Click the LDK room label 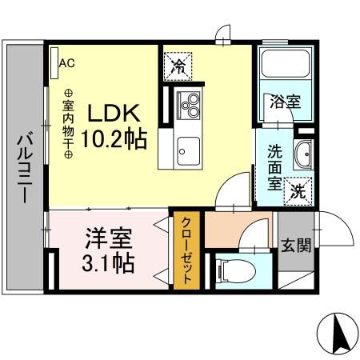[x=120, y=113]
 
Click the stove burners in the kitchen [x=191, y=104]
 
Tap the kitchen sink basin [x=189, y=149]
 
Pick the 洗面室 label [x=273, y=165]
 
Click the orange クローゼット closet [x=186, y=250]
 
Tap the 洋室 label [x=107, y=239]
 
